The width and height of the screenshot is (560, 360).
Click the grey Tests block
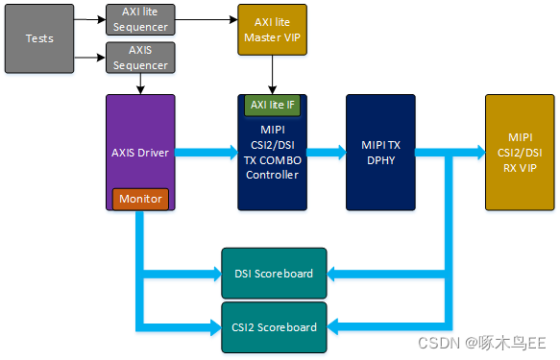[x=38, y=39]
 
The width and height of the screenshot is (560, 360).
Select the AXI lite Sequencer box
[x=140, y=20]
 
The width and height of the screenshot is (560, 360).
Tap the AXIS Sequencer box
[x=140, y=59]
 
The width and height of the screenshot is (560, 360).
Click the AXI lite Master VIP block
[x=272, y=30]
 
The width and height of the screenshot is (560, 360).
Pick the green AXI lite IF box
[x=272, y=104]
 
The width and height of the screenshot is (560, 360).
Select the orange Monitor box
[x=140, y=199]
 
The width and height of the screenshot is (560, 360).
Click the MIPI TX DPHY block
[x=380, y=152]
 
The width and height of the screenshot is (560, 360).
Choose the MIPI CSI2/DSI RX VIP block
[x=520, y=152]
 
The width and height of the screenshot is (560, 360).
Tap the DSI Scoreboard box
[x=274, y=274]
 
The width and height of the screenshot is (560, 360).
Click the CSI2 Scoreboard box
[x=274, y=326]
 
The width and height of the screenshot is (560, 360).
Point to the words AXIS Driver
[x=140, y=151]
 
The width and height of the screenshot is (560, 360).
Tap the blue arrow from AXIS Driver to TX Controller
[x=206, y=151]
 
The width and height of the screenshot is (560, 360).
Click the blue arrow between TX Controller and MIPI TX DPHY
[x=326, y=151]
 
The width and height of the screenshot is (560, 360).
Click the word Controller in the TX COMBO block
[x=272, y=174]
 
